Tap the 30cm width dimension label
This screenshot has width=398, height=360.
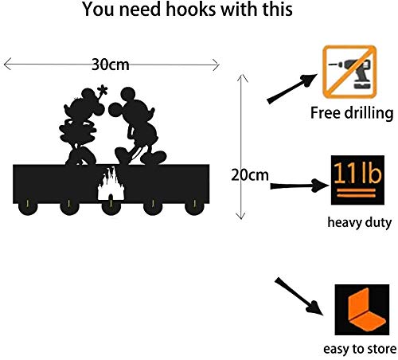click(111, 65)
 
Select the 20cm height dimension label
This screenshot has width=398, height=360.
click(250, 175)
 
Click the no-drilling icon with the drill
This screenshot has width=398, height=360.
click(349, 72)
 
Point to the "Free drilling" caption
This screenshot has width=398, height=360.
click(352, 113)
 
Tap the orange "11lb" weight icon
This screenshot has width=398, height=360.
click(357, 180)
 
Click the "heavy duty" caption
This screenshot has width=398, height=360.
click(360, 222)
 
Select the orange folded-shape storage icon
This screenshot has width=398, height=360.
click(362, 310)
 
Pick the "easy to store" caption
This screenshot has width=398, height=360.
click(360, 349)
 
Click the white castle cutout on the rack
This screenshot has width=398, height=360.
click(111, 184)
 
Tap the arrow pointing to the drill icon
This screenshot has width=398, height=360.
click(291, 88)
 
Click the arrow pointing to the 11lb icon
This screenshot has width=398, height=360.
click(299, 186)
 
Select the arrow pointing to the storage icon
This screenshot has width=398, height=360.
click(299, 296)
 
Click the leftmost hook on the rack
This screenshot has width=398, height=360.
click(28, 207)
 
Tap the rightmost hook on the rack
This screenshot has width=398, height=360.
click(194, 207)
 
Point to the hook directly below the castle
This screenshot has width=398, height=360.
click(111, 207)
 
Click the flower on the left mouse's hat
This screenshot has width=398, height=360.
click(103, 91)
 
